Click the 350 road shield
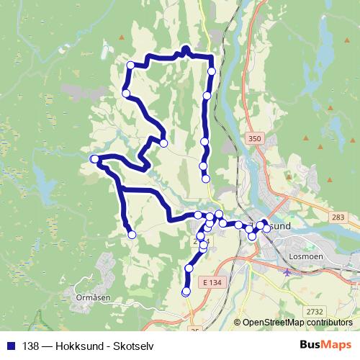253,138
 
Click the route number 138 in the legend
32,344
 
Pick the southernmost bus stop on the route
186,292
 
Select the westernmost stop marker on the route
94,158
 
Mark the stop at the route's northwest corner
130,65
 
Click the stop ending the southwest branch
132,233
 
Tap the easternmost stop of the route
266,228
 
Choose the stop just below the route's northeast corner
211,71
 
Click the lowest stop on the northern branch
205,178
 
